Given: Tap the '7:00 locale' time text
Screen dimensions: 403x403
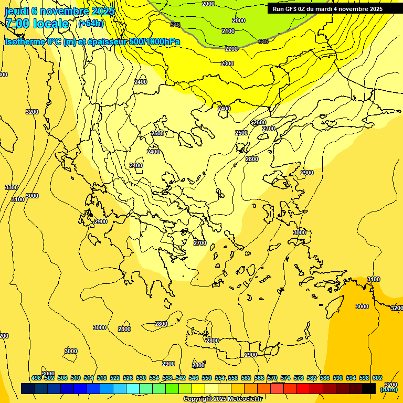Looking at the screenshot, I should click(37, 24).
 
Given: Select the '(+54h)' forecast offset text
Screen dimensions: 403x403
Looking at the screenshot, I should click(90, 23).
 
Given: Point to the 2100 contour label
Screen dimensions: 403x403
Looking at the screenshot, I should click(228, 31).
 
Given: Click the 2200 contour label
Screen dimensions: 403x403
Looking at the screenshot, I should click(231, 49).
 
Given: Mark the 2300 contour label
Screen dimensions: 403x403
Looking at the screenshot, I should click(227, 63).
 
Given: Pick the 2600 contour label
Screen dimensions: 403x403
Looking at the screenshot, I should click(260, 122).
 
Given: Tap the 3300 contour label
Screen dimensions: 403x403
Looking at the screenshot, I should click(11, 187).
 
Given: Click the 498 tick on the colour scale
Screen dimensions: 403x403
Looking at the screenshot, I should click(36, 378).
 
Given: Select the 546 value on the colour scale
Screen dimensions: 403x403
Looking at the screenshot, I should click(194, 378).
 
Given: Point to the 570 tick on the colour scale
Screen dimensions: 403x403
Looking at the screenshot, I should click(272, 378).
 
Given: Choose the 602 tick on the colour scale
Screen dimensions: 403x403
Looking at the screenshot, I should click(377, 378).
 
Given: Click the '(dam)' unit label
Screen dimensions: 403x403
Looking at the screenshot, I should click(388, 389).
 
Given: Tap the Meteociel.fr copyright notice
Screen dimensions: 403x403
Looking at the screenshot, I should click(222, 399).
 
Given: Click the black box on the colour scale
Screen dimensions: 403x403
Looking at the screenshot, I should click(369, 388).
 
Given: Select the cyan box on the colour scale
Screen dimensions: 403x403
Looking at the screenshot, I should click(133, 388).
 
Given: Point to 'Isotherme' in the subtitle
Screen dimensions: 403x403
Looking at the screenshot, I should click(24, 41).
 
